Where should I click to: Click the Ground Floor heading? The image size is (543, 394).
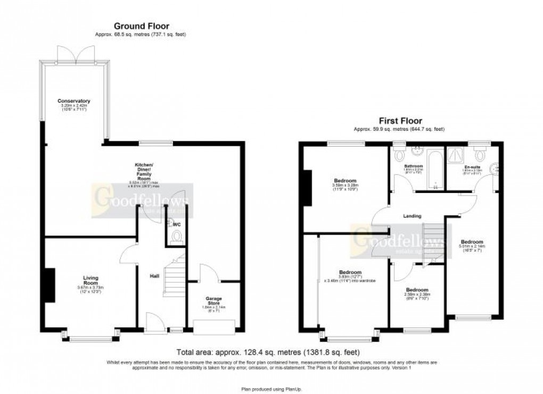[141, 26]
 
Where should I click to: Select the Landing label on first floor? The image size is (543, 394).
[412, 216]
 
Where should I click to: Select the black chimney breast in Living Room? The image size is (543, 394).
[50, 286]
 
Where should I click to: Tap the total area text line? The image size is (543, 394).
[268, 352]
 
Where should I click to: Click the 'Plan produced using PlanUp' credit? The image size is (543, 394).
[271, 389]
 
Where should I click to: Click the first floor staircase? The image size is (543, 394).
[432, 243]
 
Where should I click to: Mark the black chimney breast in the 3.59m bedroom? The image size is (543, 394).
[307, 187]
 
